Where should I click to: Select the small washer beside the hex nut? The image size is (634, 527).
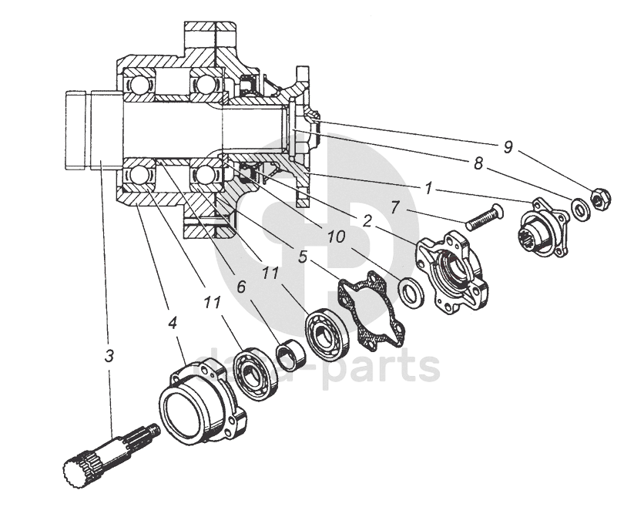click(579, 206)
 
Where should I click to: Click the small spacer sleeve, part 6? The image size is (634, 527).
click(290, 355)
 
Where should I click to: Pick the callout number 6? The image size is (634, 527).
click(241, 287)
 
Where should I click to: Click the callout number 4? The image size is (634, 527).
click(173, 321)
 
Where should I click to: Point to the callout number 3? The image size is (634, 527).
click(111, 356)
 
